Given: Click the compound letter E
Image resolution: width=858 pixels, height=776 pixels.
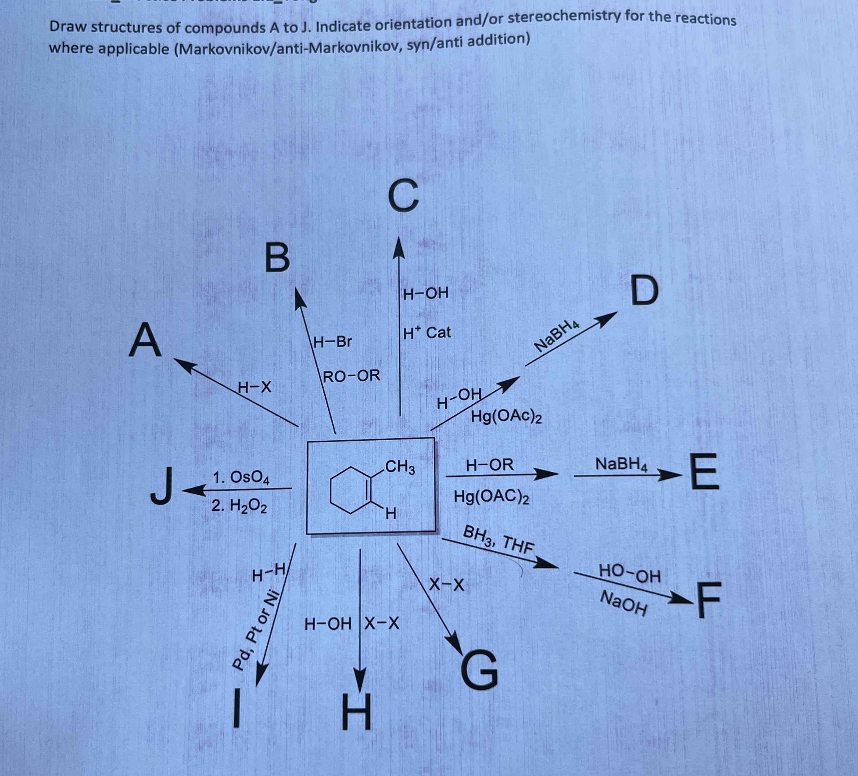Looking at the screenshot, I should point(703,471).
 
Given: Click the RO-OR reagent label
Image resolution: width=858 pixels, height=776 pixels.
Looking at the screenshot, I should point(352,376).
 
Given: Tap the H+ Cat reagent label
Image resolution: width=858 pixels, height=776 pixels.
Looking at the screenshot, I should point(427,333).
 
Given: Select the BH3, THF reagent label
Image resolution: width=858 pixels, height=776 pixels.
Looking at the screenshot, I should point(498,539).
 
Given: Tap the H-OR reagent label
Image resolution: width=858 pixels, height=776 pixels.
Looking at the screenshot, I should point(490,465).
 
